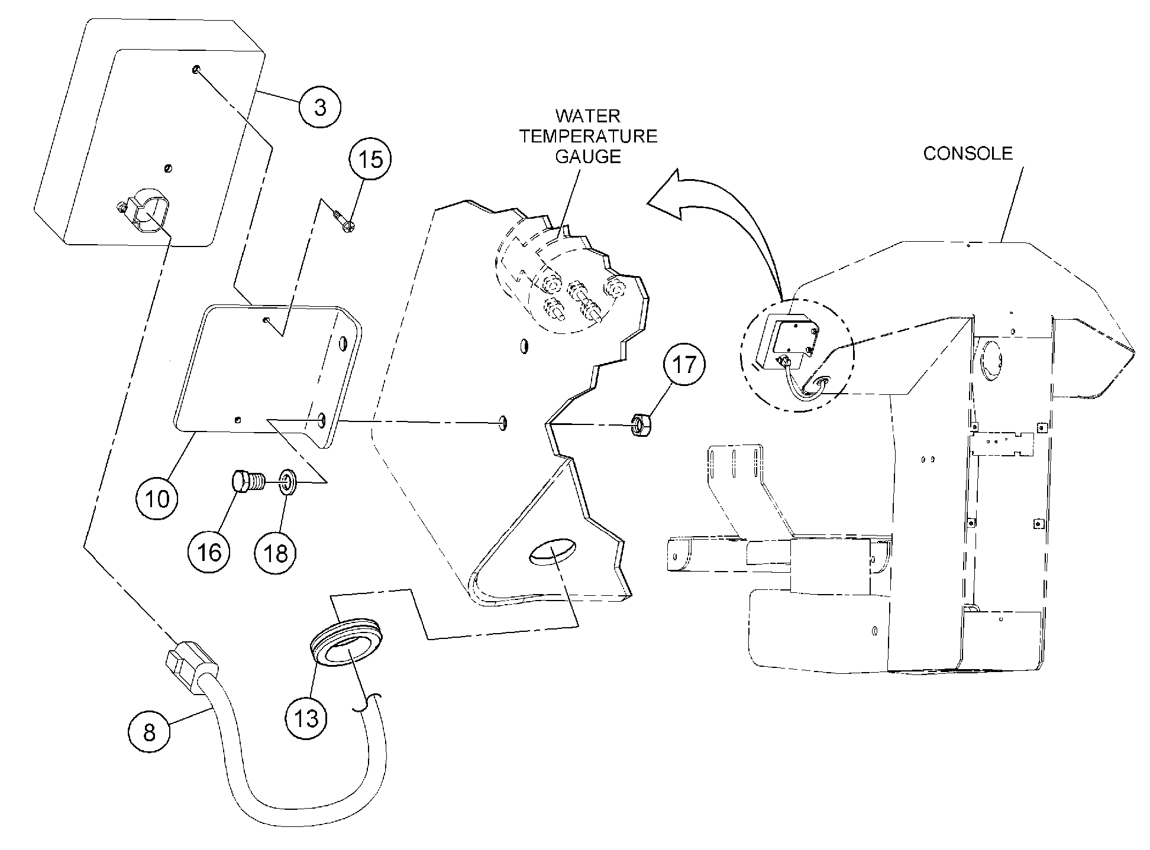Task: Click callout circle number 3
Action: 320,108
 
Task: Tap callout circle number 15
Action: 370,160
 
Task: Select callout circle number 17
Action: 684,365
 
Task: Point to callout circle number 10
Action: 157,499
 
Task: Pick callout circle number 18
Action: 276,553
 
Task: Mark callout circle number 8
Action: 149,732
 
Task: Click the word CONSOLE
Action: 968,154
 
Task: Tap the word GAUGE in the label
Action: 588,156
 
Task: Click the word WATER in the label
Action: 588,116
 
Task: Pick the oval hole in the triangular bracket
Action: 553,552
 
